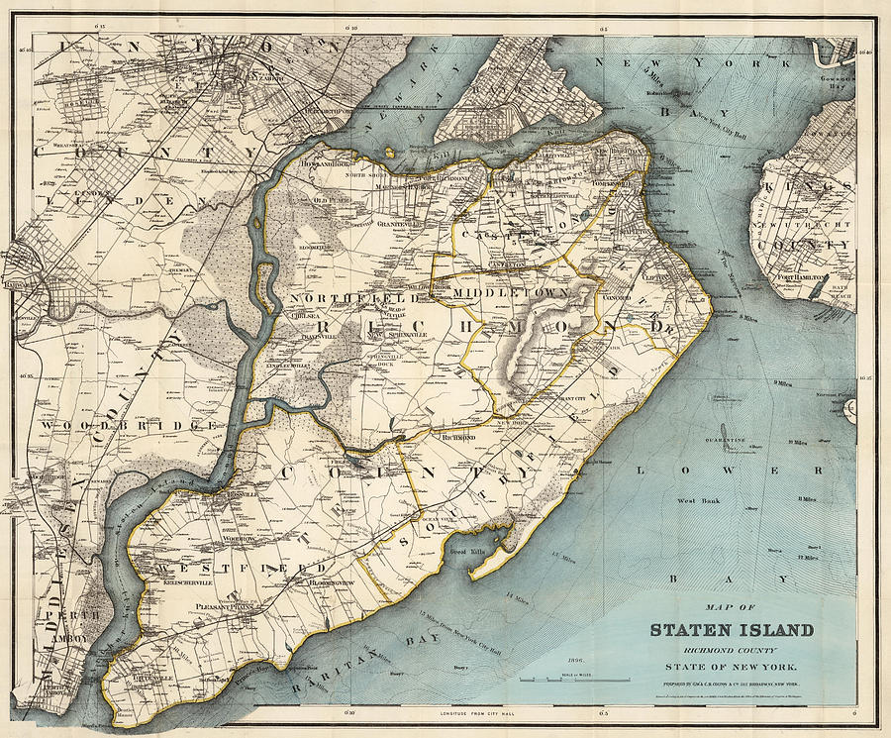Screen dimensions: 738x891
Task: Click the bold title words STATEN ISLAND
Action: click(x=732, y=629)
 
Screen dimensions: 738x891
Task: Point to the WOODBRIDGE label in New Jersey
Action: click(x=130, y=424)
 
